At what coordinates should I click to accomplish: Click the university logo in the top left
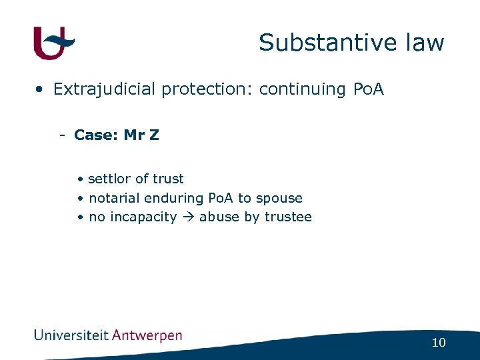54,43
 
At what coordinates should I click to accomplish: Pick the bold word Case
94,135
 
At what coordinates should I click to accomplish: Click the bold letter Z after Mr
154,135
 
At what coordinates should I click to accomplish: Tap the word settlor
109,179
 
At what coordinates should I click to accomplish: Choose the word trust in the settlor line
168,179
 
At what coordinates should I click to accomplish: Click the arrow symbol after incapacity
189,217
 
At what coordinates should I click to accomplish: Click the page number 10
438,343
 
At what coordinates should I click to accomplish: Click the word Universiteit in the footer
71,335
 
